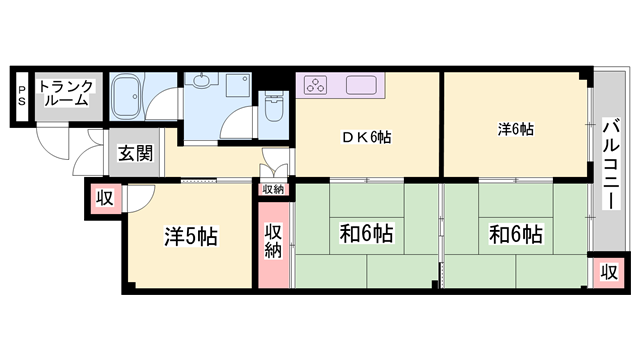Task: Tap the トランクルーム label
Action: point(66,92)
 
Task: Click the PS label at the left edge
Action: point(21,96)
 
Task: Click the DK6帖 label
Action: point(367,138)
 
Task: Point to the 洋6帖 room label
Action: point(516,129)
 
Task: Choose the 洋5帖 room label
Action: point(191,237)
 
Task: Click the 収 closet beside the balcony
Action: point(607,271)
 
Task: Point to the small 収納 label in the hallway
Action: point(273,188)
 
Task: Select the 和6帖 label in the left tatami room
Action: point(366,235)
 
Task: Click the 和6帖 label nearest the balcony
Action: point(515,235)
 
